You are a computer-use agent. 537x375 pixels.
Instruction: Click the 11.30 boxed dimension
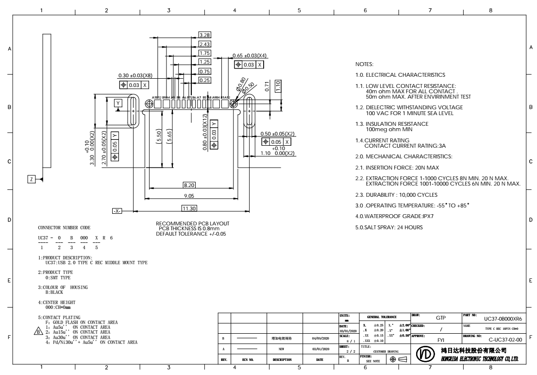189,208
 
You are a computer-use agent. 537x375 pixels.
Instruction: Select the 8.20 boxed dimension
189,185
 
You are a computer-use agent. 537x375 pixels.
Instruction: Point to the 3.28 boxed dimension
204,35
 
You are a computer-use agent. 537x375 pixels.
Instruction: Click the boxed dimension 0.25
204,80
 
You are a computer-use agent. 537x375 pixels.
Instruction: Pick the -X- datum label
117,211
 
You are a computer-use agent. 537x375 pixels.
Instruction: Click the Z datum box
32,179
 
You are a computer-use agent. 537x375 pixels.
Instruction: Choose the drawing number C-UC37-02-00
505,336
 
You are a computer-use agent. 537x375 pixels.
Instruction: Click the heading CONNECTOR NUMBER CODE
64,228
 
